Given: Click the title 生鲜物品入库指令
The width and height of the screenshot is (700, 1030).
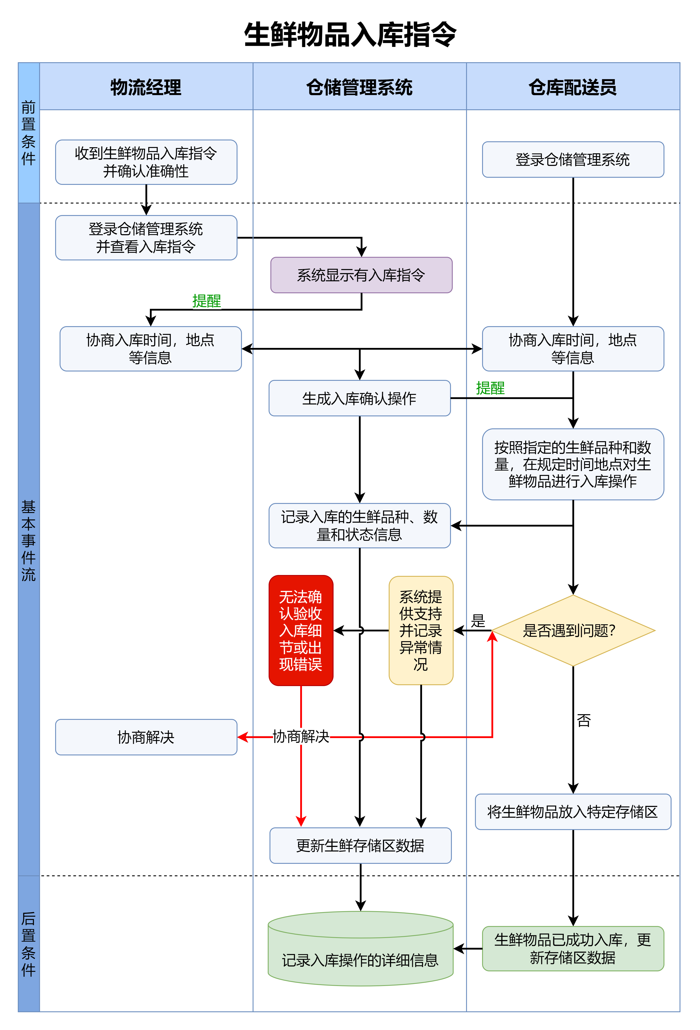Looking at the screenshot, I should (x=350, y=35).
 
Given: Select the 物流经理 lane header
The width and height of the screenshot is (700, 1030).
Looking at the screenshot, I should (x=146, y=87).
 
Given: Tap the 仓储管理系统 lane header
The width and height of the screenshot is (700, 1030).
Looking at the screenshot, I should (x=359, y=87).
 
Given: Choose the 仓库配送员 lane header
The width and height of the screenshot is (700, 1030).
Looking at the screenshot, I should (x=573, y=87).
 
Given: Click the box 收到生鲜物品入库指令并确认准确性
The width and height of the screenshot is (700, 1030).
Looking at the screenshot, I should (x=146, y=162).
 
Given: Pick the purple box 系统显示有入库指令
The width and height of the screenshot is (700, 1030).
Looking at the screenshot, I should (x=361, y=275).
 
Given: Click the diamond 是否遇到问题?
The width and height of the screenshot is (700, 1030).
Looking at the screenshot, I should (x=573, y=630).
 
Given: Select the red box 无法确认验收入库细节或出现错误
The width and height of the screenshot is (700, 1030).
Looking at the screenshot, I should (x=301, y=630).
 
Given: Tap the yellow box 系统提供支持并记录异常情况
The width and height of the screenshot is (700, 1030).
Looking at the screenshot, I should (x=420, y=630).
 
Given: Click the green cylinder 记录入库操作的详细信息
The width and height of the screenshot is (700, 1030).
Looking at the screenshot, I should (x=360, y=953).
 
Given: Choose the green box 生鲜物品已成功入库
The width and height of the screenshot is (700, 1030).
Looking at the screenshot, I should (x=573, y=948).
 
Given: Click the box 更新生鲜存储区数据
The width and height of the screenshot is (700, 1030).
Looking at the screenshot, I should (x=360, y=846).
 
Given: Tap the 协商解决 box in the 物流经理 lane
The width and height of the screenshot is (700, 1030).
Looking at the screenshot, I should (x=146, y=737).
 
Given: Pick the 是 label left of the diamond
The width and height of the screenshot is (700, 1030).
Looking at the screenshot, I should (x=478, y=621).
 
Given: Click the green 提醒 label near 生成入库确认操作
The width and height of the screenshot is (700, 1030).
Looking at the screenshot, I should (x=490, y=388).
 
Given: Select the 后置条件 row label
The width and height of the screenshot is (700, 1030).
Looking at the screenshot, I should (x=28, y=944).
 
